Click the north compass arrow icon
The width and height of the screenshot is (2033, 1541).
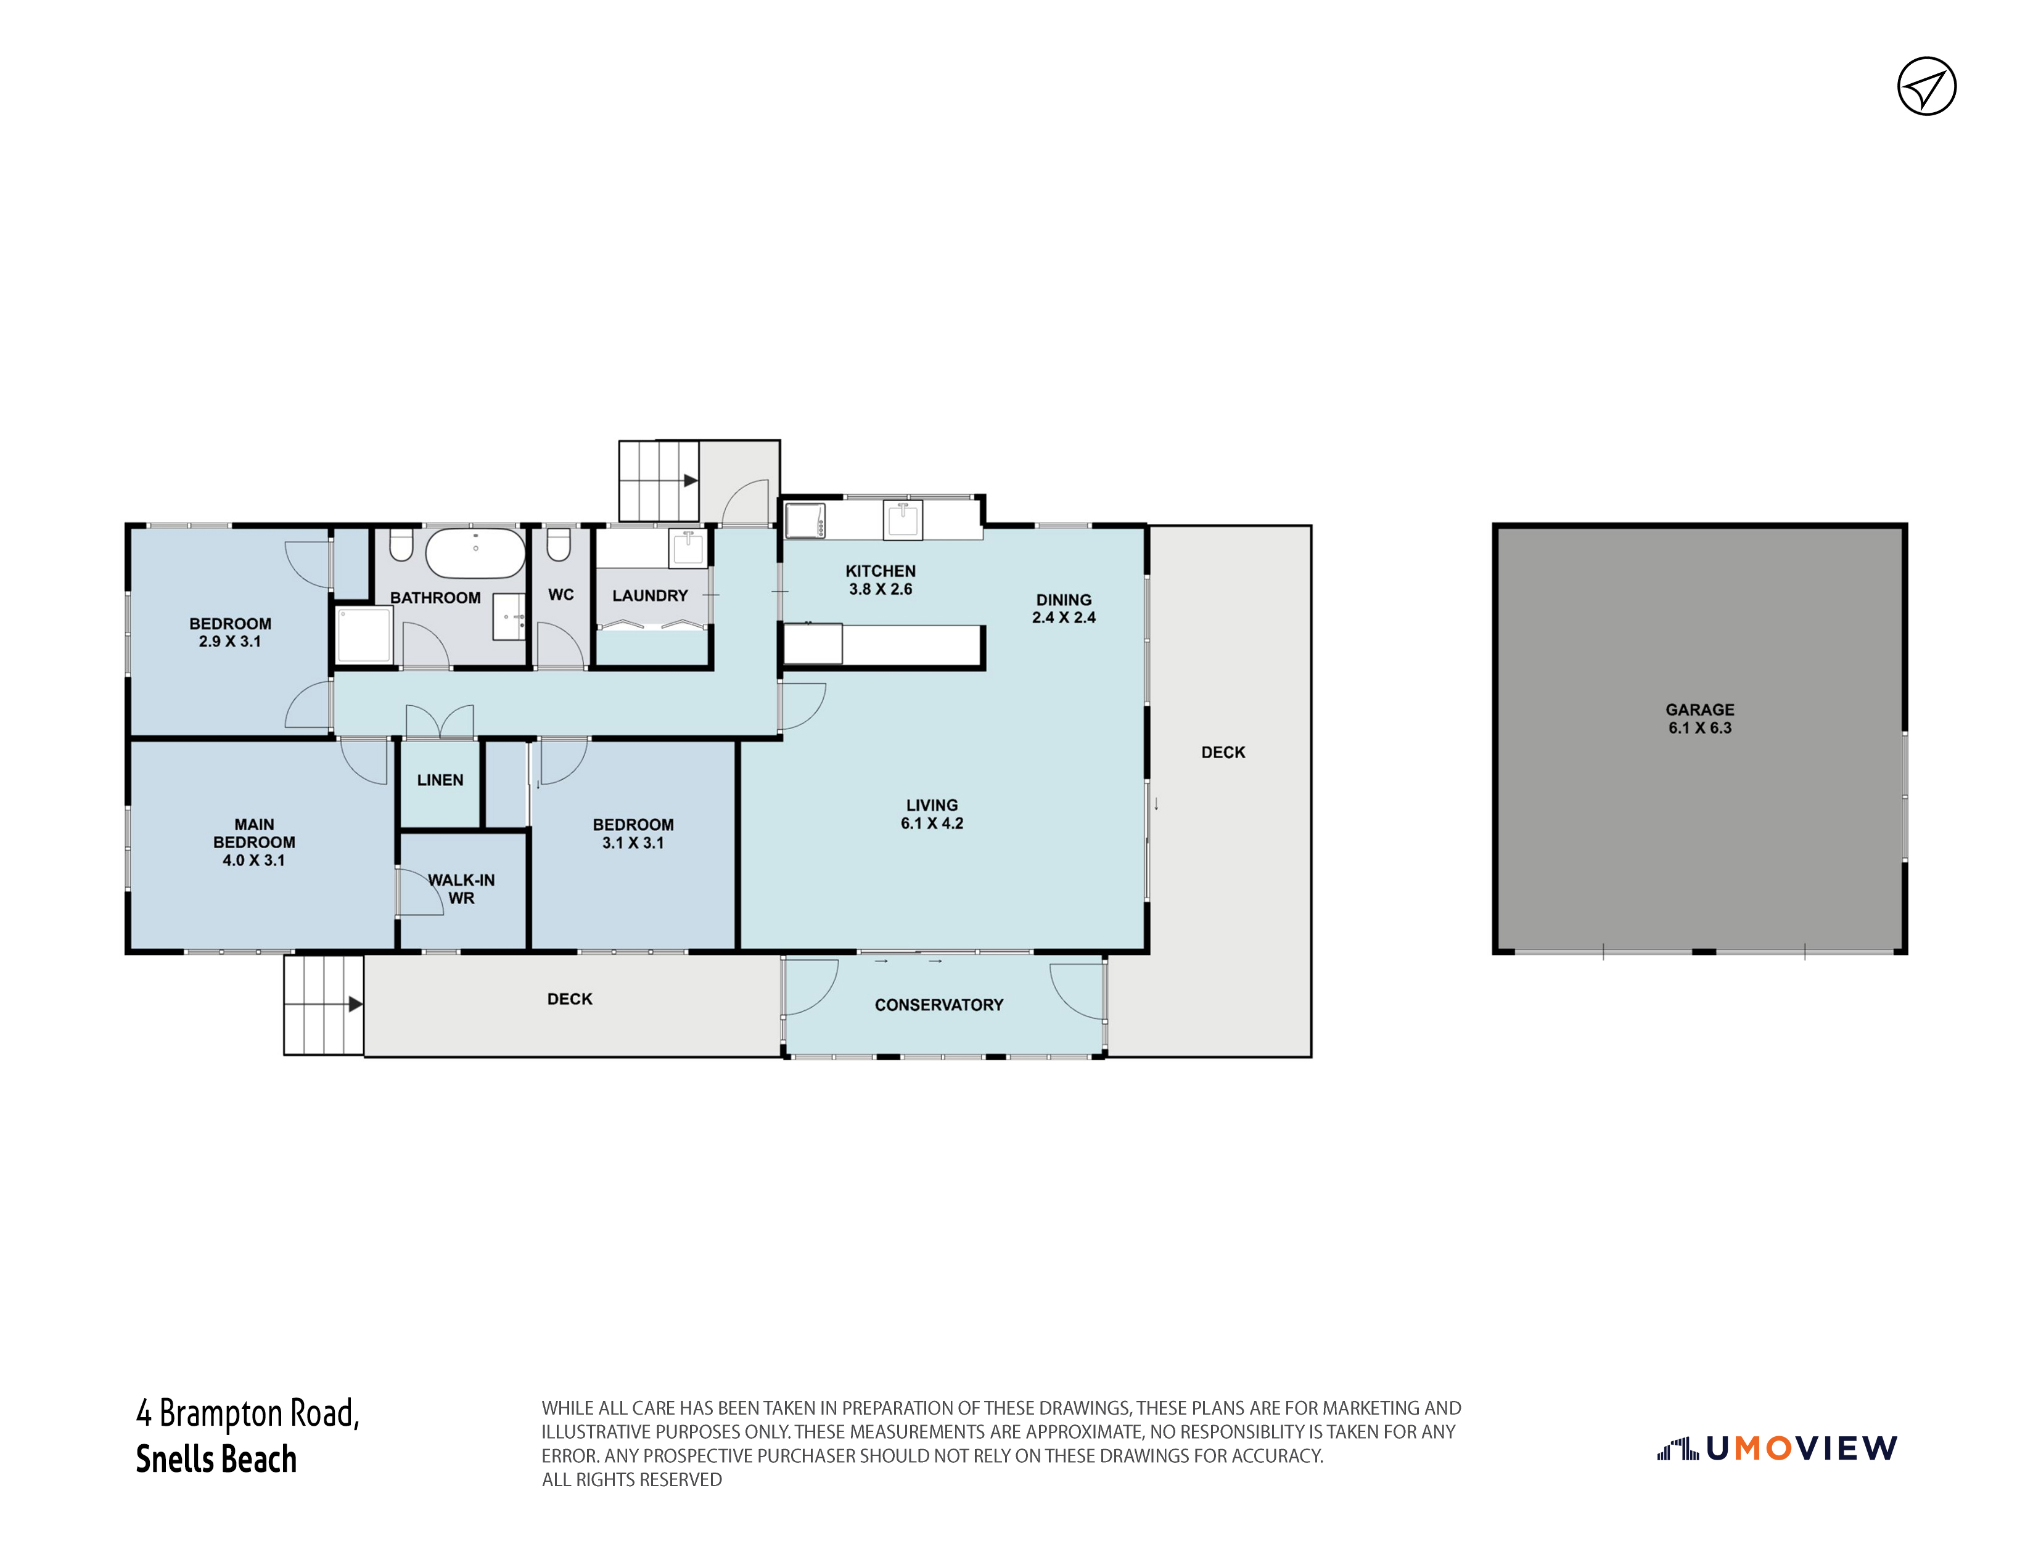[1926, 86]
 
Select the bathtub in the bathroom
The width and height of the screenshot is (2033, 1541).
[475, 552]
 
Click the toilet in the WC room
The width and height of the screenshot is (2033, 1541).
[559, 544]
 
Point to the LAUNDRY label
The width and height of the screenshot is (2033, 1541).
[650, 595]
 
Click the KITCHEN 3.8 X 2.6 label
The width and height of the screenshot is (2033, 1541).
[881, 580]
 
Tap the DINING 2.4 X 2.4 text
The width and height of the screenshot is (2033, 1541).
[1064, 608]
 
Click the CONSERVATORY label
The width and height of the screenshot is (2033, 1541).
[938, 1005]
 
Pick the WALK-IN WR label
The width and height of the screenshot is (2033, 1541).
[461, 889]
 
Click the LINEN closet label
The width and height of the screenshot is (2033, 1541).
[440, 780]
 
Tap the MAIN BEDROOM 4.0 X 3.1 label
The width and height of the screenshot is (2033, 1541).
[253, 843]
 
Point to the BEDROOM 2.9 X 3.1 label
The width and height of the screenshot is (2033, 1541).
[230, 632]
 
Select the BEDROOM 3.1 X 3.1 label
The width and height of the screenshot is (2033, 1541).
[633, 833]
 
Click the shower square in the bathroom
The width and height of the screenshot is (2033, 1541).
[365, 635]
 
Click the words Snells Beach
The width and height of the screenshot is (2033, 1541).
[217, 1458]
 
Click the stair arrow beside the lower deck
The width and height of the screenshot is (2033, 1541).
[355, 1004]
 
